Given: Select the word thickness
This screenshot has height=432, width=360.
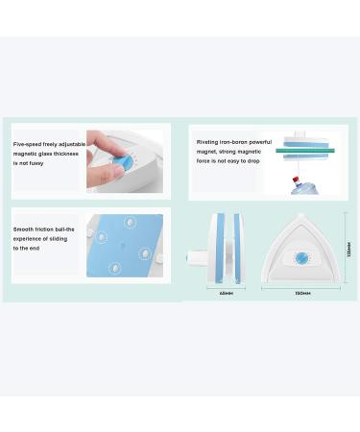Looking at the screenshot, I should (x=66, y=154).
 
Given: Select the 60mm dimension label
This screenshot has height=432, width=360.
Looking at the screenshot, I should (x=227, y=293).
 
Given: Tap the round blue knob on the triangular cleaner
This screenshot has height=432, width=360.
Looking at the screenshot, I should (x=304, y=257).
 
